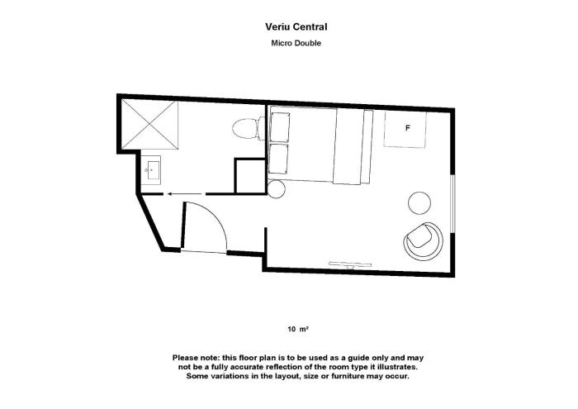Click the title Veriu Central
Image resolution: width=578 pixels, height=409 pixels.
[296, 27]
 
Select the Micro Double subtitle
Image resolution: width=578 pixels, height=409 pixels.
[296, 43]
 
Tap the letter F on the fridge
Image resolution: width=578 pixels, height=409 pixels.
[407, 128]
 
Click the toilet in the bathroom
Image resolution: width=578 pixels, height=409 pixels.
[249, 128]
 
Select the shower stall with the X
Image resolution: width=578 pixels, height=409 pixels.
[149, 125]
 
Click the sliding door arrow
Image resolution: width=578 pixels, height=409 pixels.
[184, 193]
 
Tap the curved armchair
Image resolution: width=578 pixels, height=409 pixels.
[423, 241]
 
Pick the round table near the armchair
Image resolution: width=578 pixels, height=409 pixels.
[419, 202]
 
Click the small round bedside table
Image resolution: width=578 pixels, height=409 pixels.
[276, 189]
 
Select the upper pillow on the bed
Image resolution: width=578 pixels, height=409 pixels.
[280, 127]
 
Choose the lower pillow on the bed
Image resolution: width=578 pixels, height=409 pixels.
[278, 159]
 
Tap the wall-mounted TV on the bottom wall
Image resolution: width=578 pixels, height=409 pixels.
[351, 264]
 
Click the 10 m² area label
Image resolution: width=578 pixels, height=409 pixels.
[298, 329]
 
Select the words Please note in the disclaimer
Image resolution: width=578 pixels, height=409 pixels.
[196, 358]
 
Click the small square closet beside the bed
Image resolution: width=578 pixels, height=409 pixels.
[250, 176]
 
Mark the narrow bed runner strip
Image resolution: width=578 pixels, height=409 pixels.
[367, 146]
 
